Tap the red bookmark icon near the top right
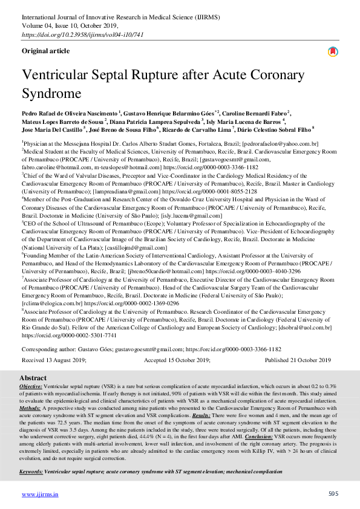pyautogui.click(x=333, y=52)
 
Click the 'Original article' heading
pyautogui.click(x=46, y=52)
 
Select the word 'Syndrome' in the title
pyautogui.click(x=51, y=94)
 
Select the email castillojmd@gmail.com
pyautogui.click(x=132, y=248)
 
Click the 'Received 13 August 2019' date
pyautogui.click(x=54, y=360)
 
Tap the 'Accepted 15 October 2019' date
pyautogui.click(x=177, y=360)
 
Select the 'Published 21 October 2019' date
pyautogui.click(x=298, y=360)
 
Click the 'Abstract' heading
pyautogui.click(x=34, y=378)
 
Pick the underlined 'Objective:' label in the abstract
pyautogui.click(x=31, y=386)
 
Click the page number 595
pyautogui.click(x=333, y=494)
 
